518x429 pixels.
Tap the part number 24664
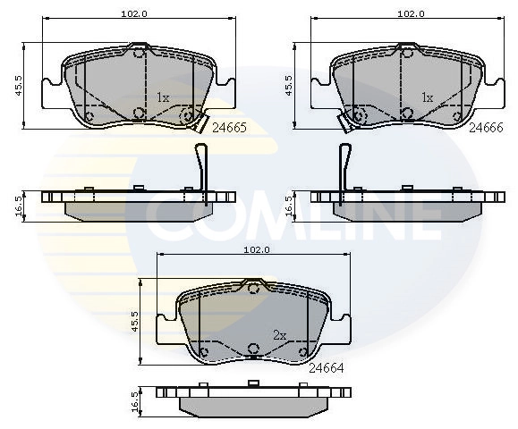327,367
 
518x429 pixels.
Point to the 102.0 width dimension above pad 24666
410,13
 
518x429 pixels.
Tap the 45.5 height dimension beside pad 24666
289,86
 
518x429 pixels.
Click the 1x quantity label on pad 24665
163,97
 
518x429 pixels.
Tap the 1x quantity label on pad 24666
427,97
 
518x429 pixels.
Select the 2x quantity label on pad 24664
278,335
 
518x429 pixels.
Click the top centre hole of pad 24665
139,55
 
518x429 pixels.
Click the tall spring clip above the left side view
202,165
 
